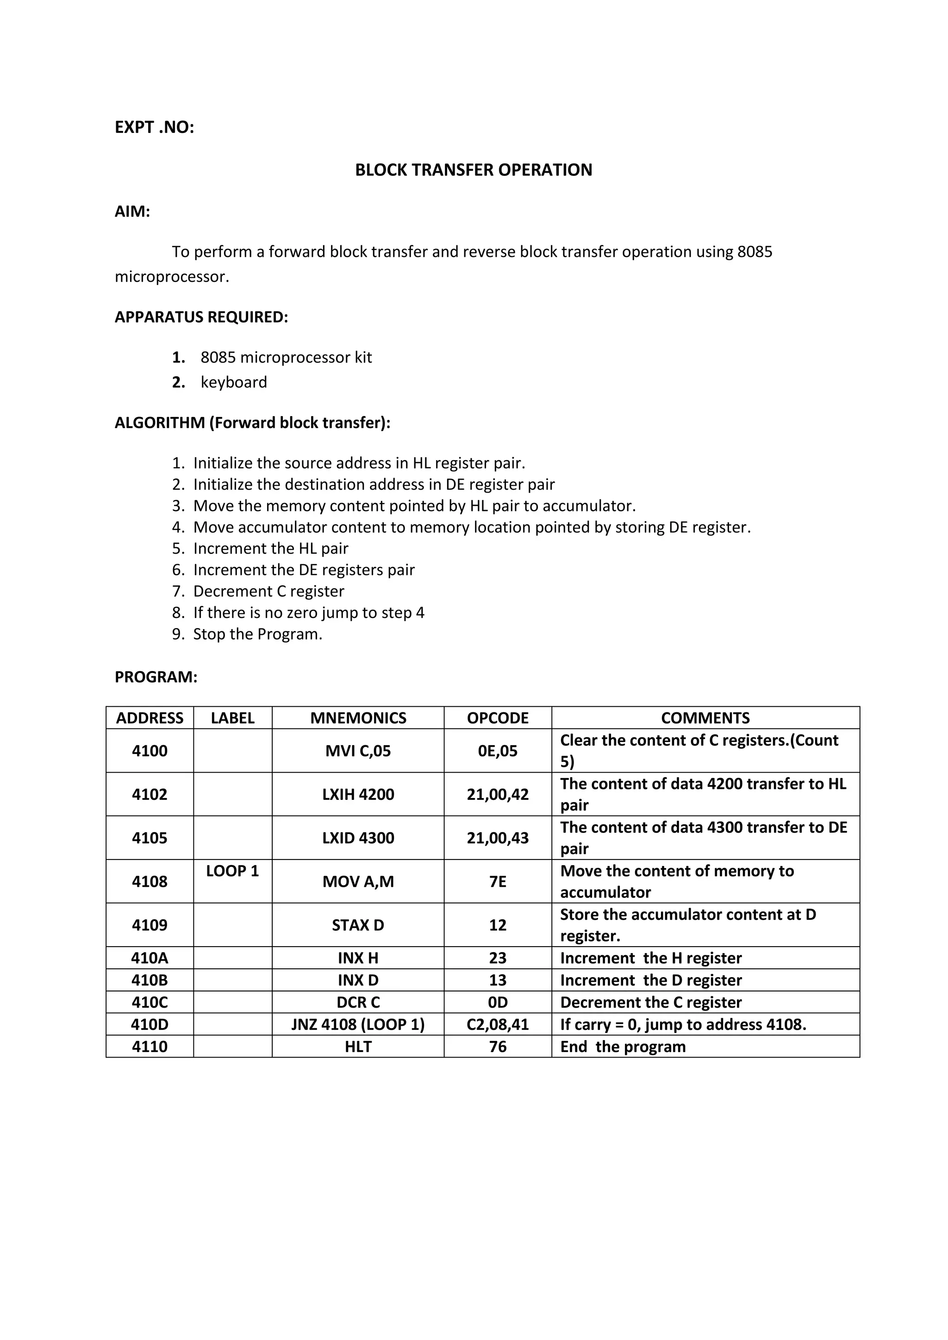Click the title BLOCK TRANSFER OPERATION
(474, 170)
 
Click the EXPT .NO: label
(154, 127)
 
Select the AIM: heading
(132, 211)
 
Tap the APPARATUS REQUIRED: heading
(201, 317)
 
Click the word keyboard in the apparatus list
(233, 382)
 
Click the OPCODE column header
(497, 717)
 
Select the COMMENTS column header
(705, 717)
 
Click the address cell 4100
(150, 751)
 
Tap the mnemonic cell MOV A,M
(358, 881)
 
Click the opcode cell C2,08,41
(497, 1024)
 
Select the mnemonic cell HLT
(358, 1047)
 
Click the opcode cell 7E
(497, 881)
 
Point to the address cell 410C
(150, 1002)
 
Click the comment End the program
(623, 1047)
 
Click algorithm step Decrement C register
(268, 591)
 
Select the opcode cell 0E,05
(497, 751)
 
